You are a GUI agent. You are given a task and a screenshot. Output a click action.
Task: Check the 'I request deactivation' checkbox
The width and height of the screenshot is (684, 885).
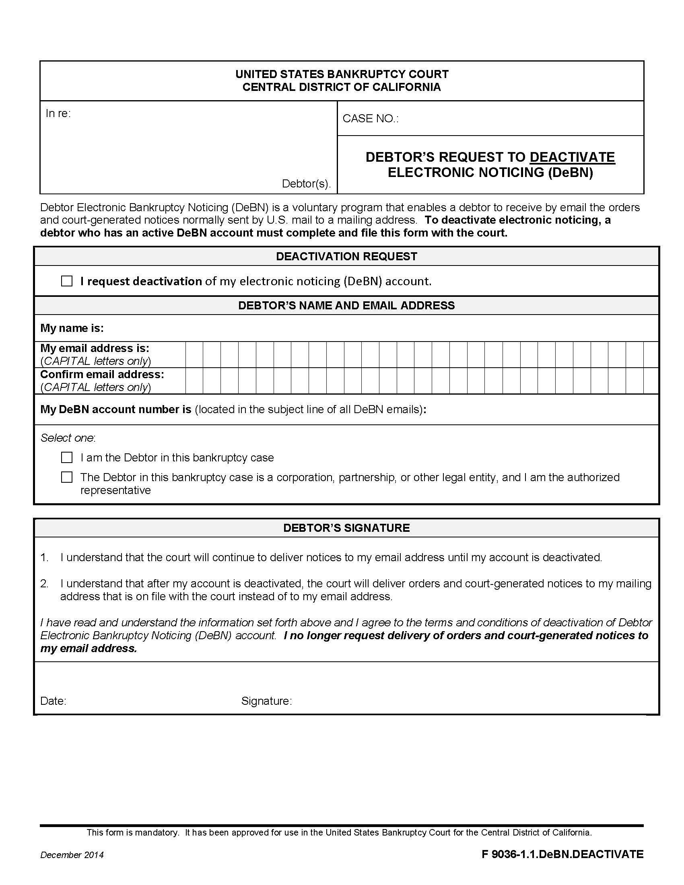click(x=67, y=281)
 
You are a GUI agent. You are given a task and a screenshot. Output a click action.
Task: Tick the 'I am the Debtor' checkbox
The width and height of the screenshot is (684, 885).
click(x=67, y=457)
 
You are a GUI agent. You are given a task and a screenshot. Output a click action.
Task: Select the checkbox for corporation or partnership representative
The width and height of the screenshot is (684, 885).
click(x=67, y=477)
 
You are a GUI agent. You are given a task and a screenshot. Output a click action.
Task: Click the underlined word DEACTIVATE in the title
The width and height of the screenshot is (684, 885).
click(x=572, y=157)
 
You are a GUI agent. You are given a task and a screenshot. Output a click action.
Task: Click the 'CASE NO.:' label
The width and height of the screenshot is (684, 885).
click(x=370, y=118)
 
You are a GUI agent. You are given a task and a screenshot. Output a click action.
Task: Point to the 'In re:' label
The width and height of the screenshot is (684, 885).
click(x=58, y=113)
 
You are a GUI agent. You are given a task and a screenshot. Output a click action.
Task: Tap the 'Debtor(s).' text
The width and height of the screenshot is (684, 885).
click(x=306, y=183)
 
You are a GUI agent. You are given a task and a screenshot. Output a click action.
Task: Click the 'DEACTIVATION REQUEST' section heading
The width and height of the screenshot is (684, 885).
click(x=346, y=256)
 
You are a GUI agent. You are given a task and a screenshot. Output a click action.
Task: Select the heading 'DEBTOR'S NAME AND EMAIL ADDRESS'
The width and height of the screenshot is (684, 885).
click(x=346, y=305)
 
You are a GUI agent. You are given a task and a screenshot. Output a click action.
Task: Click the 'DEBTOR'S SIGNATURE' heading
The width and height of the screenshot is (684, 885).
click(x=346, y=528)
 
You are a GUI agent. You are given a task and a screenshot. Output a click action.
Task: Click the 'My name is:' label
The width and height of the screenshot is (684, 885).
click(x=72, y=328)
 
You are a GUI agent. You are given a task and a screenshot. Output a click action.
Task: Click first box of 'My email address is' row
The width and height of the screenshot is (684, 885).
click(x=194, y=354)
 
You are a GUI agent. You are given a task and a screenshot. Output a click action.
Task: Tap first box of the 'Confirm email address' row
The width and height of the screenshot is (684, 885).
click(x=194, y=381)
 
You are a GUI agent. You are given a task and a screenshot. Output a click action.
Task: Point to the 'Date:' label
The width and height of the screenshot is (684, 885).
click(x=53, y=701)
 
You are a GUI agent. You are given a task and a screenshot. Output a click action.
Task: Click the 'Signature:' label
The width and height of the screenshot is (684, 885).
click(x=266, y=701)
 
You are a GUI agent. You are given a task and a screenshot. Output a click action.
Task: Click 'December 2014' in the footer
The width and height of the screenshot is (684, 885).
click(x=72, y=854)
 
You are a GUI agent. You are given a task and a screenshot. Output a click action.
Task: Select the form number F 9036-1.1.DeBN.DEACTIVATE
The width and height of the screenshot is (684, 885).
click(x=562, y=854)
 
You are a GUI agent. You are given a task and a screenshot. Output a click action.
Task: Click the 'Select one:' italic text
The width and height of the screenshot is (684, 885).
click(x=68, y=438)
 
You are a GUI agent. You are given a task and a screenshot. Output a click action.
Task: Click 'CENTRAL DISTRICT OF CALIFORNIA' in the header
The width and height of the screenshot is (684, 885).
click(x=342, y=87)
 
